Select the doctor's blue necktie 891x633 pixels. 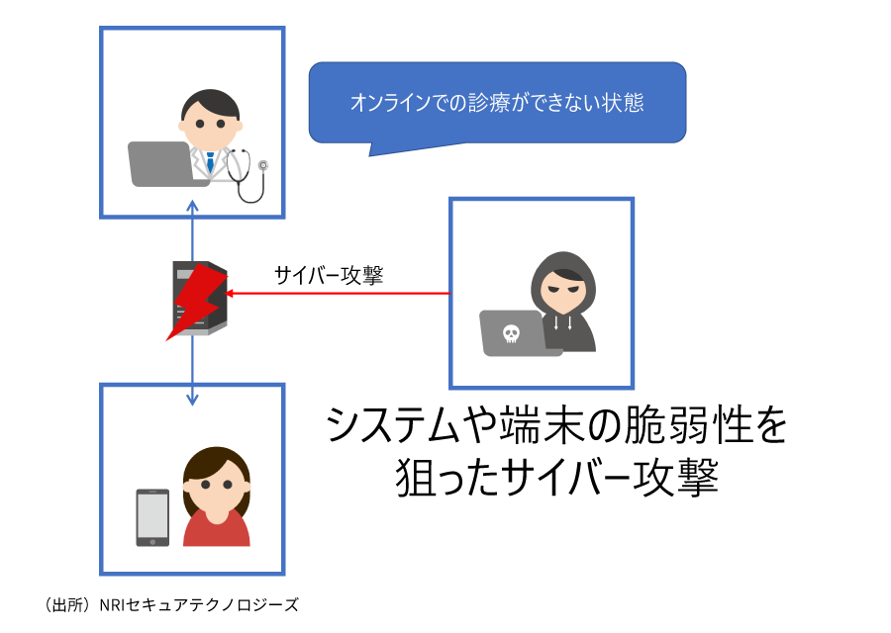tap(210, 160)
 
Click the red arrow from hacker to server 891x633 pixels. tap(337, 294)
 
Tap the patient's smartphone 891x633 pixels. tap(152, 516)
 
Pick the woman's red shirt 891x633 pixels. tap(216, 529)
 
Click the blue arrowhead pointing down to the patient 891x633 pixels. tap(193, 398)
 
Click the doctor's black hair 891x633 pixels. tap(209, 102)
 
